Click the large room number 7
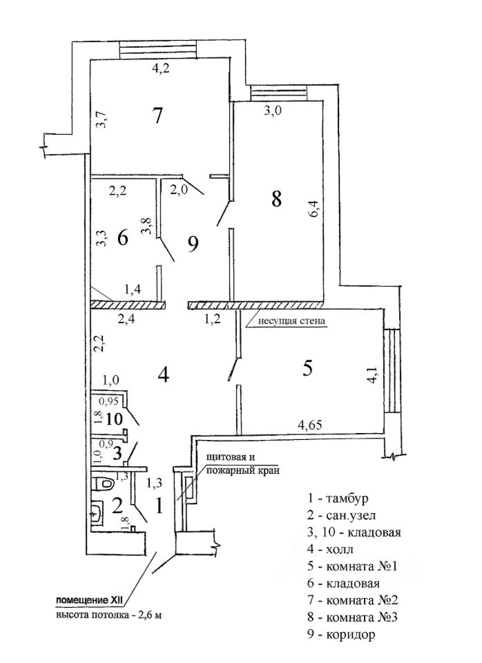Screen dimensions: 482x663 [157, 115]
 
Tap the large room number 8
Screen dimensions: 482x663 [276, 198]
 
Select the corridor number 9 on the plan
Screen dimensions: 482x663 [193, 244]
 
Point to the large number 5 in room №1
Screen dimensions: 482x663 [307, 368]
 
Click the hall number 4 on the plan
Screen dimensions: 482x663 [163, 374]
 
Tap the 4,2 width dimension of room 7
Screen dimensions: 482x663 [161, 68]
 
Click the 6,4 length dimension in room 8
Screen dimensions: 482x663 [314, 209]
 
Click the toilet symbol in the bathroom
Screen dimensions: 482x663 [102, 483]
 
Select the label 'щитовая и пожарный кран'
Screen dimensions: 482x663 [242, 464]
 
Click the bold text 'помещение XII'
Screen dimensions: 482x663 [91, 600]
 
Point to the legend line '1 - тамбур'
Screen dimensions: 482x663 [338, 498]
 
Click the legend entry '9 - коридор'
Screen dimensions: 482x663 [341, 634]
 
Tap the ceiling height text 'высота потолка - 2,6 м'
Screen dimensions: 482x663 [108, 615]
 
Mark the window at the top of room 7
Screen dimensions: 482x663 [158, 50]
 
